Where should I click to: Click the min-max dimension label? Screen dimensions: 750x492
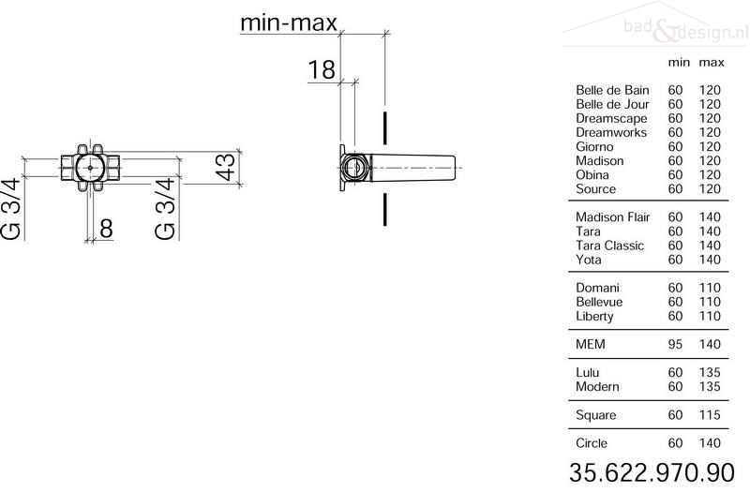(289, 22)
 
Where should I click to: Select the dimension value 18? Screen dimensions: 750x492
(321, 69)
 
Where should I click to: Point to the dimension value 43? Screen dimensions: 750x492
(225, 166)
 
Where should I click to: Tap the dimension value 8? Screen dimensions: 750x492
(106, 228)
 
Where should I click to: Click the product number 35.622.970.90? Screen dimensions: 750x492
(652, 472)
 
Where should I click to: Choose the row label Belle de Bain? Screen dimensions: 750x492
(612, 90)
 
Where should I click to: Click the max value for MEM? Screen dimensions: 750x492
(710, 344)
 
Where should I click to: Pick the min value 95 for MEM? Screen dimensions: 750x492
(675, 344)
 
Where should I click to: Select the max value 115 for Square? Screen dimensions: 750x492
(710, 415)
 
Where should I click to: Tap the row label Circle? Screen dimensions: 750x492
(592, 443)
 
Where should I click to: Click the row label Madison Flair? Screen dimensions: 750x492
(613, 217)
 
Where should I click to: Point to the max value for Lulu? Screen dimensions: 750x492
(710, 372)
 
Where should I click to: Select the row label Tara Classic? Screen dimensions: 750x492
(610, 246)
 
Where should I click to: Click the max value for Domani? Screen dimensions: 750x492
(710, 288)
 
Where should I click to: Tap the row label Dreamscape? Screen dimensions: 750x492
(611, 119)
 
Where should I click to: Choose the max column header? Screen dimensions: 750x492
(712, 63)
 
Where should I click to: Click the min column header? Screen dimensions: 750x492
(679, 63)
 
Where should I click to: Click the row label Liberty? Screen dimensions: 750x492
(594, 317)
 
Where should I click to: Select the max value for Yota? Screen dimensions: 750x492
(710, 260)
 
